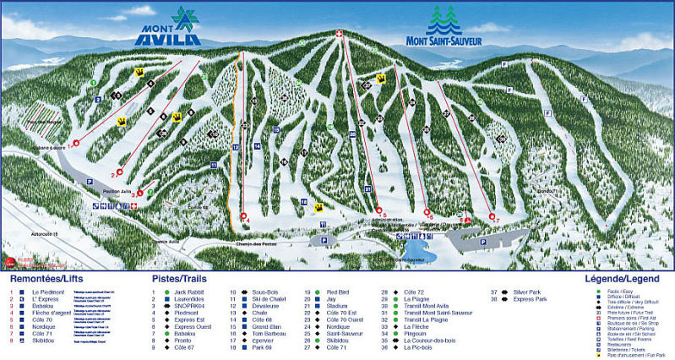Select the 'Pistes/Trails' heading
[179, 277]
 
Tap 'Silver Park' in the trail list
[528, 292]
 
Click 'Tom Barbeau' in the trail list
[269, 333]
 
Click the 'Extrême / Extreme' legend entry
[624, 306]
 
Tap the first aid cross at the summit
[339, 35]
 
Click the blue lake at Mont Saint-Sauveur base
[416, 253]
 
